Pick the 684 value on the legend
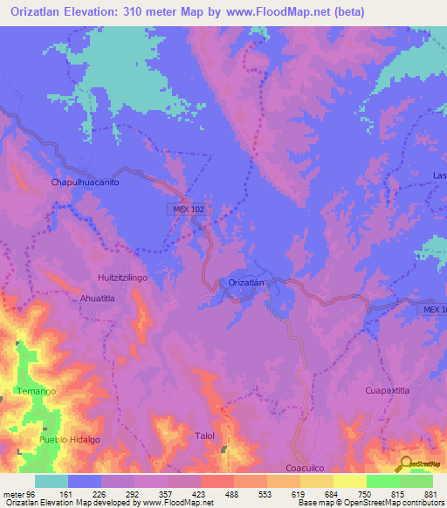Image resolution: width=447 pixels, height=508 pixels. pyautogui.click(x=314, y=493)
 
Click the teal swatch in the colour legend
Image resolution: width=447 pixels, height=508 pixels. pyautogui.click(x=51, y=481)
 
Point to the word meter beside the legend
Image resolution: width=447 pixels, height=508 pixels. pyautogui.click(x=14, y=493)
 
